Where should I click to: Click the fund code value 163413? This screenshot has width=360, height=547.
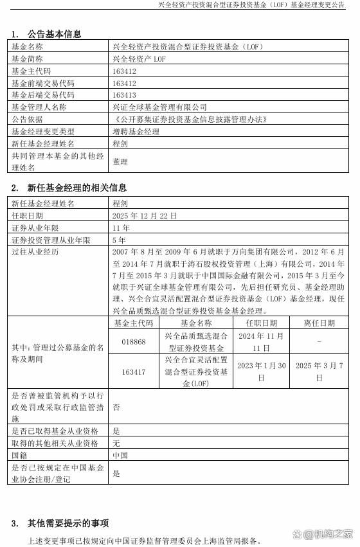(125, 95)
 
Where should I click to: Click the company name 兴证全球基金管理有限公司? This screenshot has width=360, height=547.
(159, 107)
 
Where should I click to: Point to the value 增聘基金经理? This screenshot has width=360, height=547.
(135, 132)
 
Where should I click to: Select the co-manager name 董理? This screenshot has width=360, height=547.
(120, 162)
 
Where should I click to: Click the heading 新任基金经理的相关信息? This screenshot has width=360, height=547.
(76, 188)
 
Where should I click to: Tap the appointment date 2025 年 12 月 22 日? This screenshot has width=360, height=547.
(144, 215)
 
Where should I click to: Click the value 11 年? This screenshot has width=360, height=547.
(121, 228)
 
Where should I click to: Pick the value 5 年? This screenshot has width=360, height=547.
(119, 240)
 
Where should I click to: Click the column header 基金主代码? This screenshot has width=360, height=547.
(134, 323)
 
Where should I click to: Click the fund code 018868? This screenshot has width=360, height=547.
(134, 342)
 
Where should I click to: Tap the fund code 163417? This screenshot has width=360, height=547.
(134, 372)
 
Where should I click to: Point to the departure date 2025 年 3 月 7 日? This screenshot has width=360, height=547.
(318, 372)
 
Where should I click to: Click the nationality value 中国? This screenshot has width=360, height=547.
(120, 455)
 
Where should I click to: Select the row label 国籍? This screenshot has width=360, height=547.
(20, 455)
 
